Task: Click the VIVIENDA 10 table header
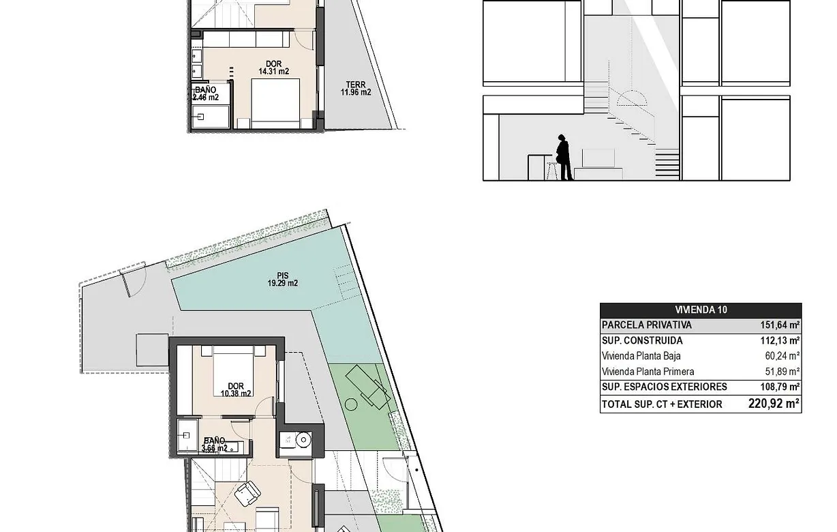click(701, 310)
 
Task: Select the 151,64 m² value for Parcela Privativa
click(780, 325)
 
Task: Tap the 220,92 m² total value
click(774, 404)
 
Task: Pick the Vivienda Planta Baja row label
click(641, 356)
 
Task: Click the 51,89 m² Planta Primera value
click(782, 372)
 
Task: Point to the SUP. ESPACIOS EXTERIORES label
click(664, 387)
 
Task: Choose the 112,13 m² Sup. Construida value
click(780, 341)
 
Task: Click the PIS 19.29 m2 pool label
click(282, 280)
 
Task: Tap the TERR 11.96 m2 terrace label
click(356, 89)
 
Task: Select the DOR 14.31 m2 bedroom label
click(273, 68)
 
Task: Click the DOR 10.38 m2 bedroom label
click(236, 389)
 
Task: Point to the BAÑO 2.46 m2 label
click(205, 93)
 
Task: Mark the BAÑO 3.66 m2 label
click(215, 445)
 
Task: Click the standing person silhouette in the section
click(564, 157)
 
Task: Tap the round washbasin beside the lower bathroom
click(303, 441)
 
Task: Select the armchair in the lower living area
click(247, 492)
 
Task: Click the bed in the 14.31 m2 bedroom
click(275, 103)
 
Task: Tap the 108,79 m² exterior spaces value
click(780, 387)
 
